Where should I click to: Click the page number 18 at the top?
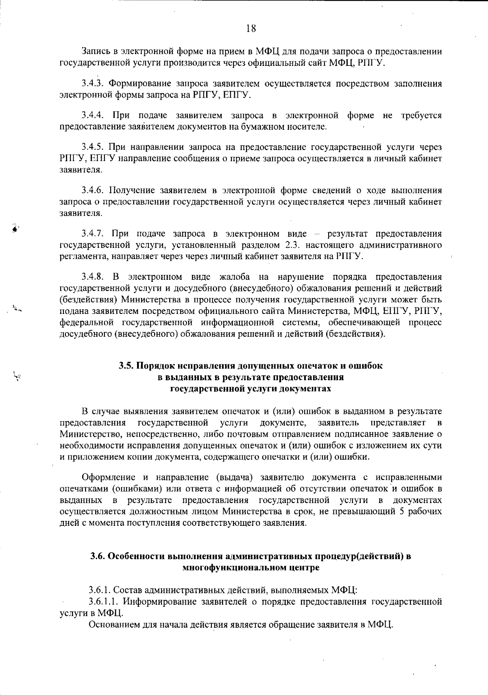251,28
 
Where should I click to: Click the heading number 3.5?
126,366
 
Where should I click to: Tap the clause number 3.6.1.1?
103,601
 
